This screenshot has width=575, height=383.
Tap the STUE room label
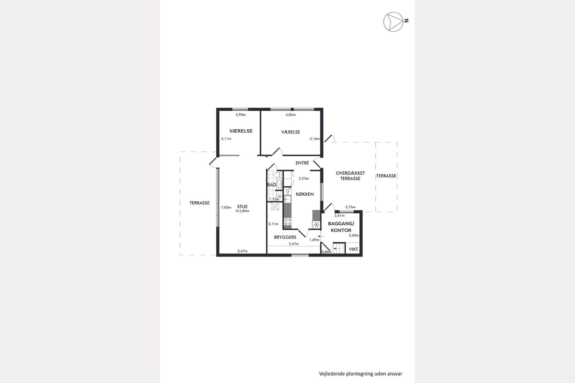tap(242, 207)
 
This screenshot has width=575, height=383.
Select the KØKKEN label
tap(305, 194)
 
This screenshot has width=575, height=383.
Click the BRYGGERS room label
tap(285, 237)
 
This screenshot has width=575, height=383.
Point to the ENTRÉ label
tap(302, 163)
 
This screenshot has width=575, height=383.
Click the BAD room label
tap(272, 185)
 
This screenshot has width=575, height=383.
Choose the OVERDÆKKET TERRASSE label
tap(350, 176)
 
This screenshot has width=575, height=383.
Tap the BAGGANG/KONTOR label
tap(341, 227)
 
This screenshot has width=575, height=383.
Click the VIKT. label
tap(354, 249)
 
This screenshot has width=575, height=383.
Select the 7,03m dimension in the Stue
tap(226, 207)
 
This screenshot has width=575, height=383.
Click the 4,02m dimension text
tap(291, 115)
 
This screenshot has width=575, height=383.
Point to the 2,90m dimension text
tap(241, 115)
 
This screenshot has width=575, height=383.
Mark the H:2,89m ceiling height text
tap(242, 211)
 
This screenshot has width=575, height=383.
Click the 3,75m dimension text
tap(350, 207)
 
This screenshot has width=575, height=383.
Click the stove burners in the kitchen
tap(287, 222)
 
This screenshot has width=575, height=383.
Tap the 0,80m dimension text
tap(327, 252)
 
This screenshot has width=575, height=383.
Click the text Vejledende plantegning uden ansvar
tap(361, 374)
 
